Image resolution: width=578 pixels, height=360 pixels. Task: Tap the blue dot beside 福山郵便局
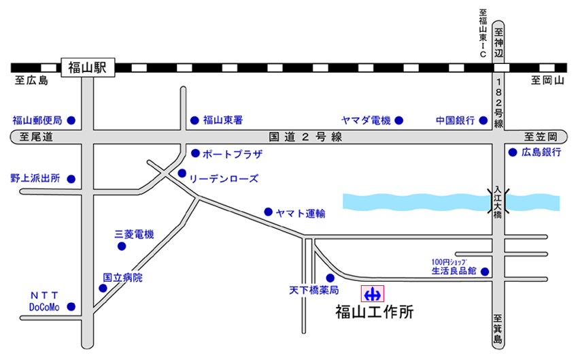click(x=71, y=120)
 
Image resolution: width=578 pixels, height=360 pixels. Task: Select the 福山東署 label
click(x=223, y=120)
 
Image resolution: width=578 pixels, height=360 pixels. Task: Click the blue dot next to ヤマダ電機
click(x=398, y=120)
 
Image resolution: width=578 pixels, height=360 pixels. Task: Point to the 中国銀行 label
click(x=455, y=120)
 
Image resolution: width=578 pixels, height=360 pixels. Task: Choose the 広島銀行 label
click(x=542, y=152)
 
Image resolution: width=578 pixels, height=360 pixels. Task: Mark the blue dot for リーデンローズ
click(x=182, y=173)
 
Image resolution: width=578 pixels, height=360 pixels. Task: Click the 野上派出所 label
click(x=35, y=179)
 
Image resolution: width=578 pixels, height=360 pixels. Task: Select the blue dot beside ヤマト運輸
click(x=269, y=211)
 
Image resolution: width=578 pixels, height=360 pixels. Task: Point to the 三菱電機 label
click(x=134, y=234)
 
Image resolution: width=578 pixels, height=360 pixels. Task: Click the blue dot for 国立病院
click(x=103, y=288)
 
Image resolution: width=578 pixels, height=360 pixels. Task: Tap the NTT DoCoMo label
click(x=44, y=301)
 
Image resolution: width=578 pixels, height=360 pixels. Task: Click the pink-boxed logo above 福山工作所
click(x=372, y=294)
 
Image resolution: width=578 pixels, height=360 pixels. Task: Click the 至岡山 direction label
click(x=548, y=81)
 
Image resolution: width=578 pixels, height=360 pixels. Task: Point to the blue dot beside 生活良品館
click(x=485, y=272)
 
